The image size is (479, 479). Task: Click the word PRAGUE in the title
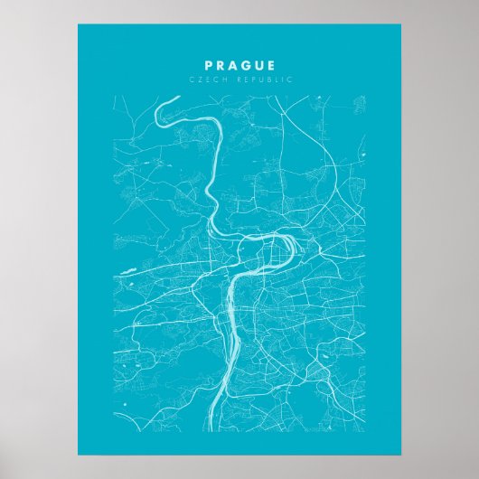tap(239, 65)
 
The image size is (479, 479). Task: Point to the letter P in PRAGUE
tap(209, 65)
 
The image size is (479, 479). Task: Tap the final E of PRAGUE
tap(271, 65)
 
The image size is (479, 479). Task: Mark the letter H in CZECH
tap(218, 80)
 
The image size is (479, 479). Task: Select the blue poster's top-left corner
tap(78, 25)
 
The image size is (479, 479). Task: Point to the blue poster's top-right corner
tap(402, 25)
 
